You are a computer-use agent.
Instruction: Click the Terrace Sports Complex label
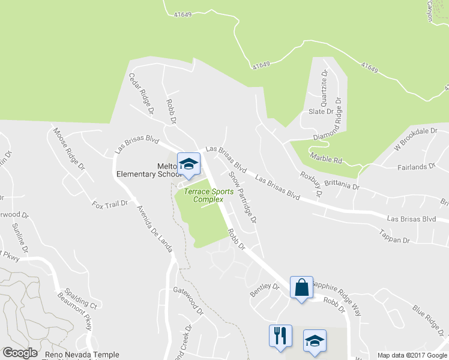[203, 196]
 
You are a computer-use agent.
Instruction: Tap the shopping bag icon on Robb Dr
[301, 287]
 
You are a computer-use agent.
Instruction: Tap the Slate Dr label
[321, 112]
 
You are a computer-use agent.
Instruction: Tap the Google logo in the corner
[20, 353]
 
